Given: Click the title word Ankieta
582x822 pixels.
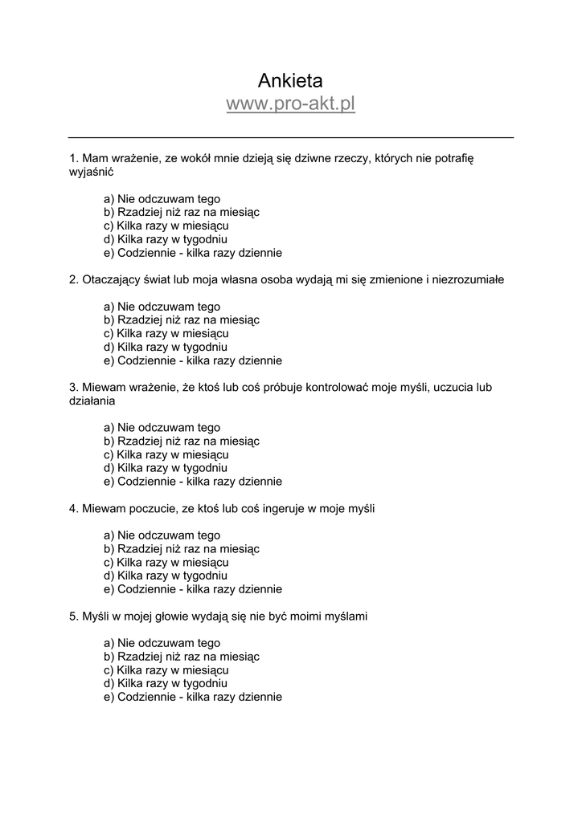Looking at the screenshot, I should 290,79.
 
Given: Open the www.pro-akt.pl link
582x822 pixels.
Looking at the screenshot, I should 290,104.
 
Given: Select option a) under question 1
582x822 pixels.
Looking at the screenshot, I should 162,199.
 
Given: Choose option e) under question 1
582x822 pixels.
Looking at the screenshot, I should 193,253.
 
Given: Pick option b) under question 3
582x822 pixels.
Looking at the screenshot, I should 182,441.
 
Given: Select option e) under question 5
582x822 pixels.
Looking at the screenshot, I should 193,697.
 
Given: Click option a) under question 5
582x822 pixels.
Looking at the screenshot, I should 162,643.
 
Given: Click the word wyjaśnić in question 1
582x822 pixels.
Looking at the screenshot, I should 92,172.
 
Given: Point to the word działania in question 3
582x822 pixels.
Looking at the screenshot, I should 92,400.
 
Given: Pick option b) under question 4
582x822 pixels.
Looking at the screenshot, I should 182,548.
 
